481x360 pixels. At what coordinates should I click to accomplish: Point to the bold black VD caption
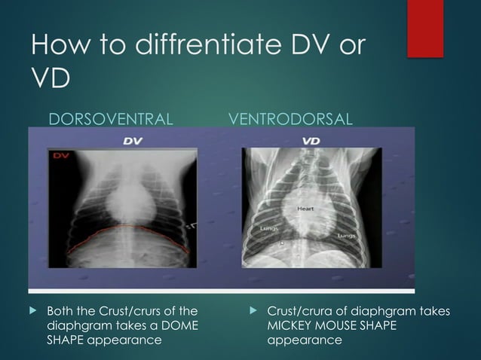[310, 140]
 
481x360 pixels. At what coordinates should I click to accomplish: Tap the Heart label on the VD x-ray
[305, 207]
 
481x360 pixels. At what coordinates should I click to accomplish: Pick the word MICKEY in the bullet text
[292, 325]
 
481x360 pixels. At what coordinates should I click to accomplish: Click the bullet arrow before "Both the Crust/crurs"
[32, 310]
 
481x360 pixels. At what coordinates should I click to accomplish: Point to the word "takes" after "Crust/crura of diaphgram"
[434, 310]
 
